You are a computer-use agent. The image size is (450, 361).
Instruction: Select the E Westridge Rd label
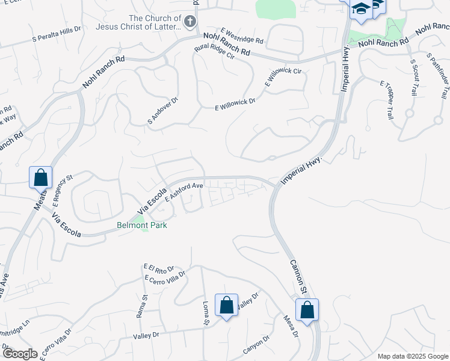(x=242, y=35)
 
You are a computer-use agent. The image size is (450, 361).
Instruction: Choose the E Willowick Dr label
(x=235, y=104)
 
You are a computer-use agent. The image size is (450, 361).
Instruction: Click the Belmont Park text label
(x=141, y=225)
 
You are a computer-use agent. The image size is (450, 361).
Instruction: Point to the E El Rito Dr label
(x=159, y=268)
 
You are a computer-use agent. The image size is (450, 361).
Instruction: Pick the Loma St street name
(x=206, y=313)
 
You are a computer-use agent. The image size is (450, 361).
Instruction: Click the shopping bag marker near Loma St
(x=226, y=305)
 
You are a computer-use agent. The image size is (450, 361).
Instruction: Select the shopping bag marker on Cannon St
(x=307, y=310)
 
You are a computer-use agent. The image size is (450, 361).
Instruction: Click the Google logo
(x=20, y=354)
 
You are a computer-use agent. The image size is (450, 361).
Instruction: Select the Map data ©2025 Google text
(x=412, y=356)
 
